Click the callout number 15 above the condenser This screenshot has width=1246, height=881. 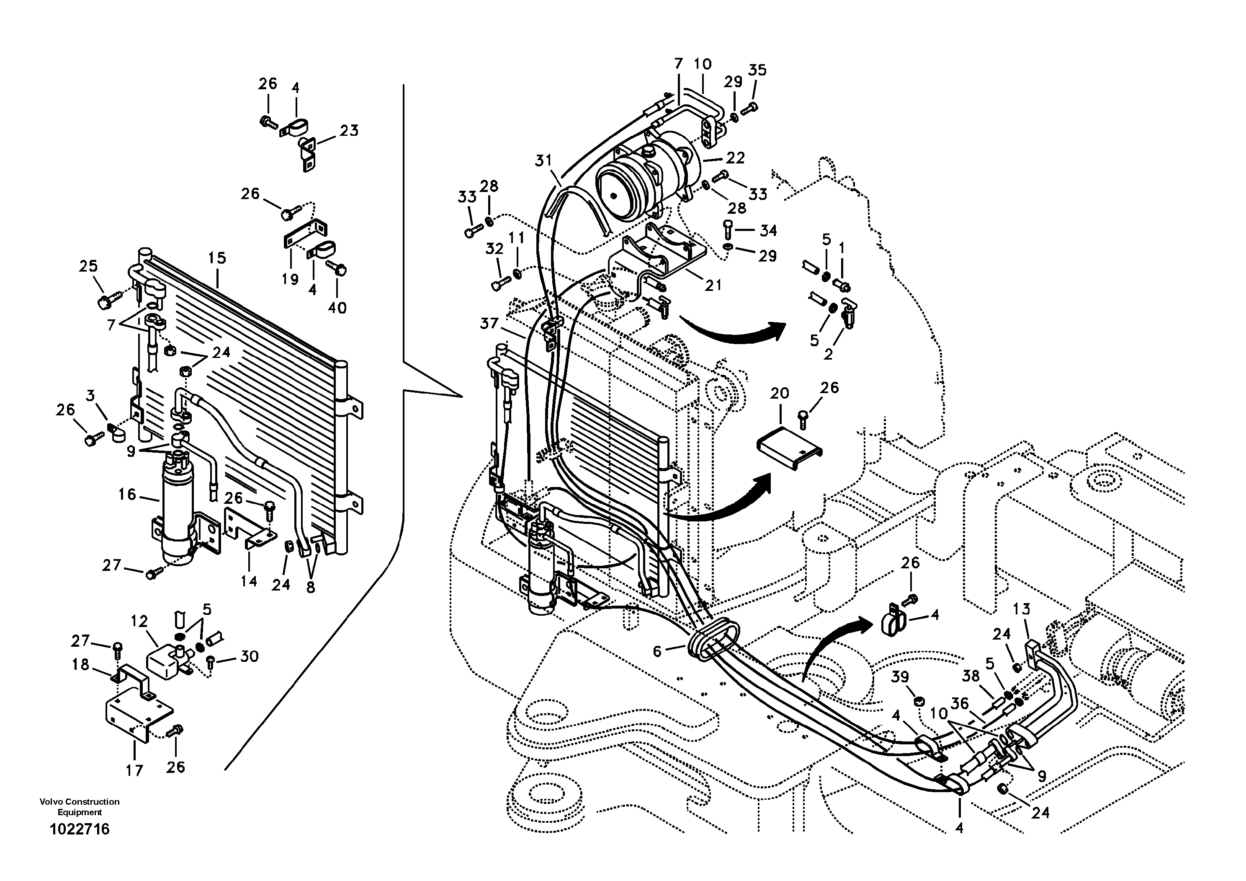click(x=217, y=258)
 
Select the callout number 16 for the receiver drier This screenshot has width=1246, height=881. click(x=127, y=494)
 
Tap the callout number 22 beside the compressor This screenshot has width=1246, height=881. click(x=735, y=158)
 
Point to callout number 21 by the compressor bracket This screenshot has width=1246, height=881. click(x=713, y=285)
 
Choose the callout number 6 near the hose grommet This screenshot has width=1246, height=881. click(x=657, y=651)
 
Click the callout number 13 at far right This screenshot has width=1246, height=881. click(x=1021, y=609)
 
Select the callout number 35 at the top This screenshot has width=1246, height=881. click(x=757, y=70)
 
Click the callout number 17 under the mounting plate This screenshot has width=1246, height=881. click(x=134, y=770)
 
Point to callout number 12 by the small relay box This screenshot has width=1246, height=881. click(x=139, y=621)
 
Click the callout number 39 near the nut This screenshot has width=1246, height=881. click(x=900, y=677)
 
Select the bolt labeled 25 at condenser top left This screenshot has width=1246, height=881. click(x=105, y=301)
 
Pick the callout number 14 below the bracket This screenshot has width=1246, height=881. click(x=249, y=581)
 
